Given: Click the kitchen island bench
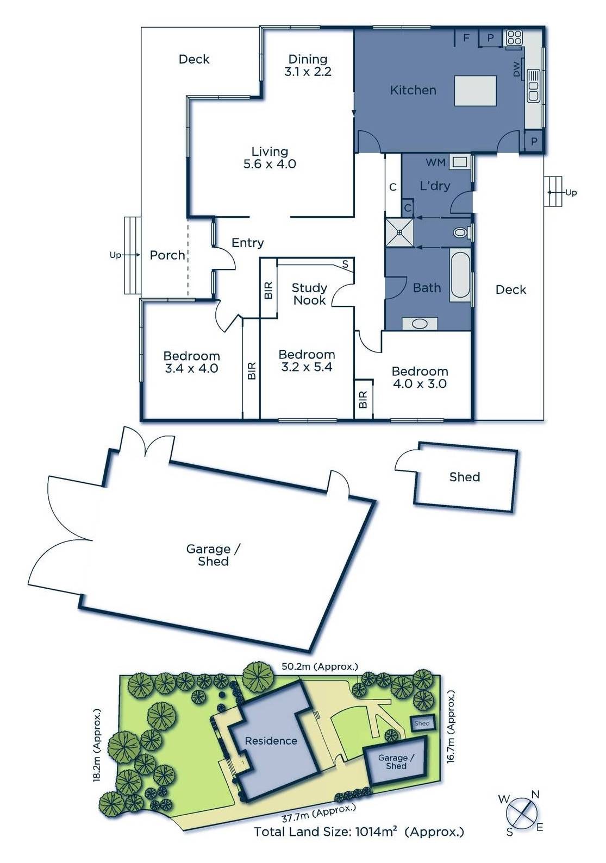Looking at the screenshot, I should click(x=476, y=91).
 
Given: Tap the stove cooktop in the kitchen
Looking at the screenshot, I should click(x=513, y=37).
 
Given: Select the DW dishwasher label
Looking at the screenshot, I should click(x=516, y=69).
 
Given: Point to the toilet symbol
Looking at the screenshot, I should click(x=461, y=232).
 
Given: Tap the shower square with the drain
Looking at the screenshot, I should click(x=399, y=232).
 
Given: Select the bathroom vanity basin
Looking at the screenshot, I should click(x=420, y=324).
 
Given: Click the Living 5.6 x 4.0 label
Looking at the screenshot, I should click(x=270, y=158).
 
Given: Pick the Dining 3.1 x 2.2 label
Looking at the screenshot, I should click(x=308, y=65).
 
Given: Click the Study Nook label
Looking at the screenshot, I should click(x=309, y=294).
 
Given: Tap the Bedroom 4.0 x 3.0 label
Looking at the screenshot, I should click(x=420, y=377).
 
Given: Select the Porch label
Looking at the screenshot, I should click(x=167, y=255).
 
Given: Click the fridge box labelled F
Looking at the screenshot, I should click(x=466, y=37).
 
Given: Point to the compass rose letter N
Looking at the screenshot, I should click(x=535, y=795).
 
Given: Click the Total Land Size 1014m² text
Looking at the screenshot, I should click(x=359, y=831).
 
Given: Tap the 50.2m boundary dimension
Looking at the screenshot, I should click(x=320, y=666).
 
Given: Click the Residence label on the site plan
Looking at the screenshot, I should click(x=271, y=741).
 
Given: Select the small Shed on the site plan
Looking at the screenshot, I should click(x=422, y=723).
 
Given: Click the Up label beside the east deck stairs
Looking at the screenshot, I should click(x=571, y=192).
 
